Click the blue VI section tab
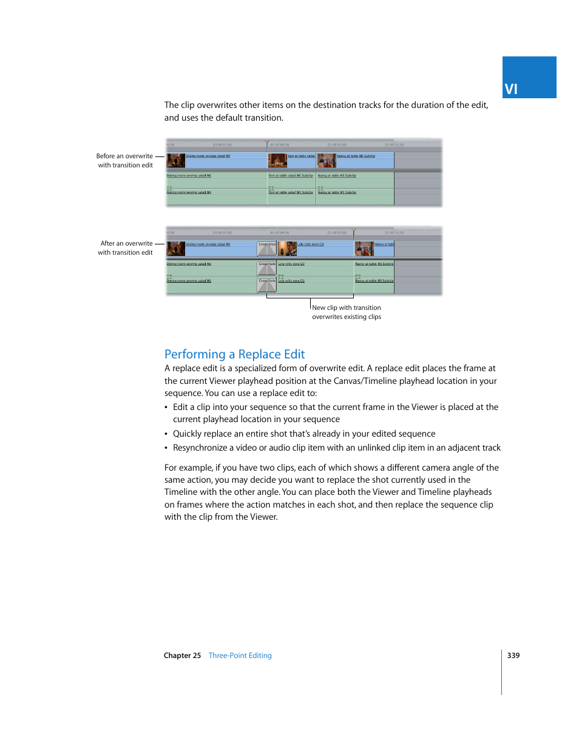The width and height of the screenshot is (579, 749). tap(529, 78)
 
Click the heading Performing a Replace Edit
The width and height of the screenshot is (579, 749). tap(234, 354)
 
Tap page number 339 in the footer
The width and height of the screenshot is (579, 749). tap(513, 656)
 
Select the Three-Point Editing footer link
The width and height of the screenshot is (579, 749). tap(240, 656)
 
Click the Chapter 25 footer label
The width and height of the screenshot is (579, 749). tap(182, 656)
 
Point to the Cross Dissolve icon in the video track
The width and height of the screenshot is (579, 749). tap(267, 248)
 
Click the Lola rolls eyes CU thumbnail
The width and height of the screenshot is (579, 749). tap(287, 248)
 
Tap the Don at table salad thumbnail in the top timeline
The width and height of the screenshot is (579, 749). tap(277, 160)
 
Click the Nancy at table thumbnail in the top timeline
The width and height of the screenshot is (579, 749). tap(326, 160)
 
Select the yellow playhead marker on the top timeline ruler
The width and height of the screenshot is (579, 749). tap(266, 143)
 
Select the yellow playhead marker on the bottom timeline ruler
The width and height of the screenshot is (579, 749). tap(354, 230)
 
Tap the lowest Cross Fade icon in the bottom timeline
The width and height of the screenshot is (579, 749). tap(267, 284)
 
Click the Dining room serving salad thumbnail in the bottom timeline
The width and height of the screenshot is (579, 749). tap(176, 248)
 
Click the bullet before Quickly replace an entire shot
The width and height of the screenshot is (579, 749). tap(166, 434)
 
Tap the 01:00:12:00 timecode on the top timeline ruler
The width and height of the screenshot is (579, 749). tap(394, 145)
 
